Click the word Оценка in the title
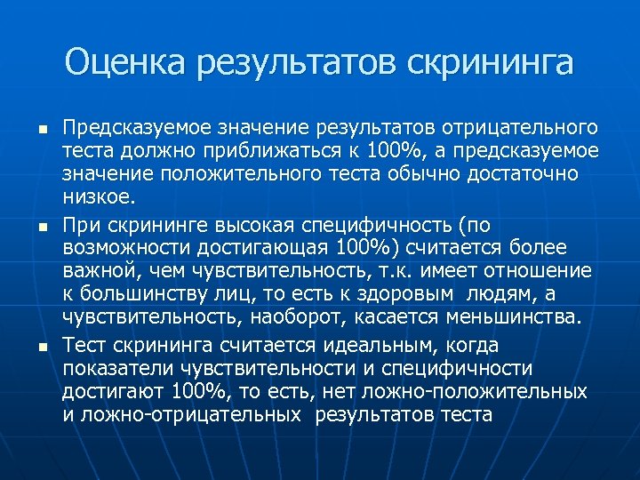(126, 63)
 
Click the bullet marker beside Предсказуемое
(40, 130)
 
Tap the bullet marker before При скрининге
(40, 228)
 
